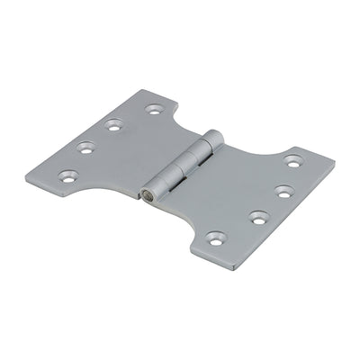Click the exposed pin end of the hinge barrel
pos(146,192)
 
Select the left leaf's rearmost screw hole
pos(154,109)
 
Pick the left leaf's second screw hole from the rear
pos(113,126)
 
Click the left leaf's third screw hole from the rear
pos(85,147)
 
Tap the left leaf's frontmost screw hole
pos(67,176)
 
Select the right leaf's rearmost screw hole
pos(292,161)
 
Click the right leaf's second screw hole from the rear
pos(283,191)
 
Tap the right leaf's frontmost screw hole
pos(215,238)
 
